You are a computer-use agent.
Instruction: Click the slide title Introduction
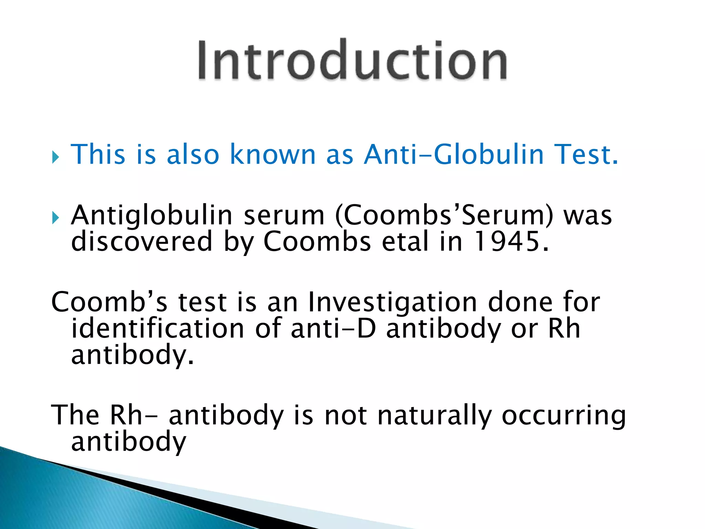point(352,60)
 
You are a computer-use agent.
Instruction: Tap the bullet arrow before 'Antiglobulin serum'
point(55,218)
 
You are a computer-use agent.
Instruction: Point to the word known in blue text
point(272,154)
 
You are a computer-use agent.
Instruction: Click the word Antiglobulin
point(151,216)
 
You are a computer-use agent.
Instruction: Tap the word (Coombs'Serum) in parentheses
point(444,216)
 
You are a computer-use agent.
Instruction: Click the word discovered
point(141,241)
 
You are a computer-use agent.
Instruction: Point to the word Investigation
point(392,302)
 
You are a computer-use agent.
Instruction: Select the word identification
point(158,329)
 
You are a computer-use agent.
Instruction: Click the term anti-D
point(333,329)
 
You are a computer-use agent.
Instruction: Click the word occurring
point(564,415)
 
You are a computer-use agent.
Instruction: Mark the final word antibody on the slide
point(128,442)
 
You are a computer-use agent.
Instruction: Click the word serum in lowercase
point(284,216)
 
